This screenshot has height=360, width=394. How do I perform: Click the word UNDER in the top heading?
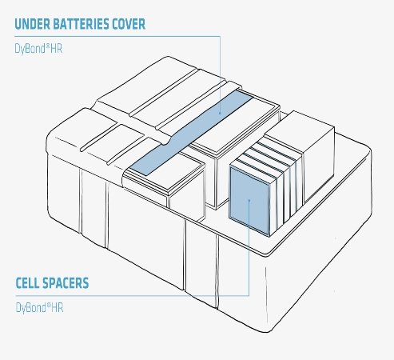tap(32, 24)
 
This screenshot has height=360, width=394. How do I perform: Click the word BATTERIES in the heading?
tap(81, 24)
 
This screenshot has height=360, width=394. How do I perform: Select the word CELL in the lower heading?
tap(28, 283)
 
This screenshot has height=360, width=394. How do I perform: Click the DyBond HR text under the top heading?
tap(38, 49)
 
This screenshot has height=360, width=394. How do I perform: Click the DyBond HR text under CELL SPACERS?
tap(39, 308)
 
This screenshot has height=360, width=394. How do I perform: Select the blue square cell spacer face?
tap(249, 201)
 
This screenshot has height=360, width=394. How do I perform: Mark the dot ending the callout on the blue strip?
tap(220, 114)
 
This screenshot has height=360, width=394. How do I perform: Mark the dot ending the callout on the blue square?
tap(249, 200)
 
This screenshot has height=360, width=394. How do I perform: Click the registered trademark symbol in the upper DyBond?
tap(48, 46)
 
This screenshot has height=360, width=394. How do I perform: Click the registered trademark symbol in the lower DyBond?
tap(49, 305)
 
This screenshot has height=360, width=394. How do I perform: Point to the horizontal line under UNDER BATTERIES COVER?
tap(117, 36)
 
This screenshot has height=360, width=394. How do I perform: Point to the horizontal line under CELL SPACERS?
tap(132, 295)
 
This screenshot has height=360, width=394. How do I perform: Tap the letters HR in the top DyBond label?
tap(57, 49)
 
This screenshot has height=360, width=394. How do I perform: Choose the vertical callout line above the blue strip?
tap(220, 74)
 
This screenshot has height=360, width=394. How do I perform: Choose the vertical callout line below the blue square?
tap(249, 248)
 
